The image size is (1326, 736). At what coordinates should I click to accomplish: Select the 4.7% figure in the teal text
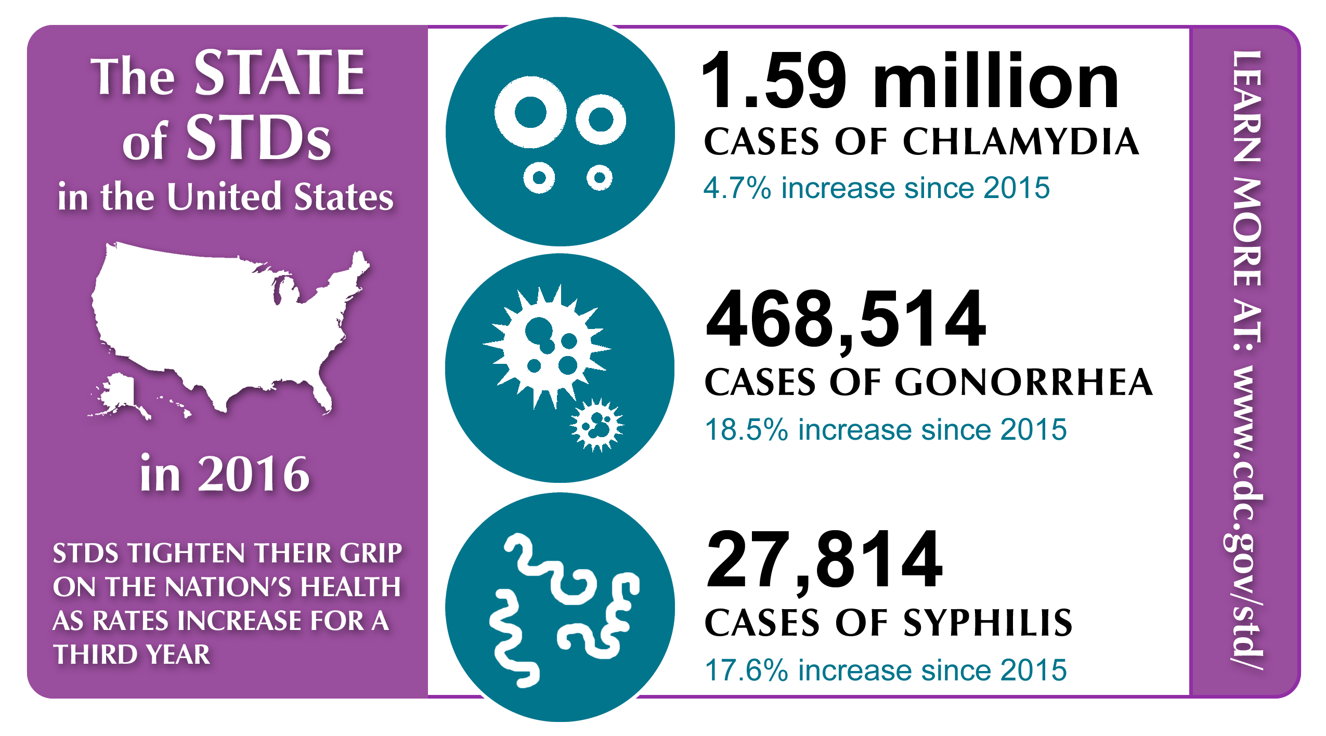pos(736,188)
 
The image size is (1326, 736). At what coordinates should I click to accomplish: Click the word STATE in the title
pos(279,74)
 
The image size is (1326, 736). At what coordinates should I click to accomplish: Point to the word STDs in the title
pos(258,138)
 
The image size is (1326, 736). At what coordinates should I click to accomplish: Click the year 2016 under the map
pos(254,474)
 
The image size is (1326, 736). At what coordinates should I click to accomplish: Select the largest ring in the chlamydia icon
pos(530,112)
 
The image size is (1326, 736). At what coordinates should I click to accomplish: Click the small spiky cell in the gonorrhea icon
pos(597,425)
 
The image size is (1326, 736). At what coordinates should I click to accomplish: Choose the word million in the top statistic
pos(996,82)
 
